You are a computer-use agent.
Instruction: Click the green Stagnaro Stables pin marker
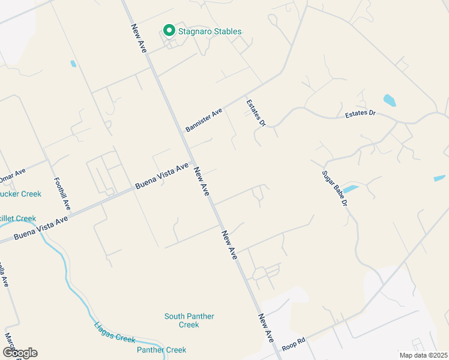coord(169,31)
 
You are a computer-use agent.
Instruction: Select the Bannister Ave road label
coord(203,120)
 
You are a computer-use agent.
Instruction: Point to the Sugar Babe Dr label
coord(335,188)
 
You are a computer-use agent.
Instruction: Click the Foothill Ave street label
coord(62,193)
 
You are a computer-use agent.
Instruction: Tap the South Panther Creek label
coord(189,320)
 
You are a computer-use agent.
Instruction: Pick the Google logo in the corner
coord(19,353)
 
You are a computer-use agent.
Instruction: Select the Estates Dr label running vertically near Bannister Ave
coord(256,113)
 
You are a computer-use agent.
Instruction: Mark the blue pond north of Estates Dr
coord(390,100)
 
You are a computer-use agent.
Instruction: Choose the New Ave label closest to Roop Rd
coord(268,328)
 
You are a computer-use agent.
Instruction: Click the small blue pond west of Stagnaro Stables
coord(73,64)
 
